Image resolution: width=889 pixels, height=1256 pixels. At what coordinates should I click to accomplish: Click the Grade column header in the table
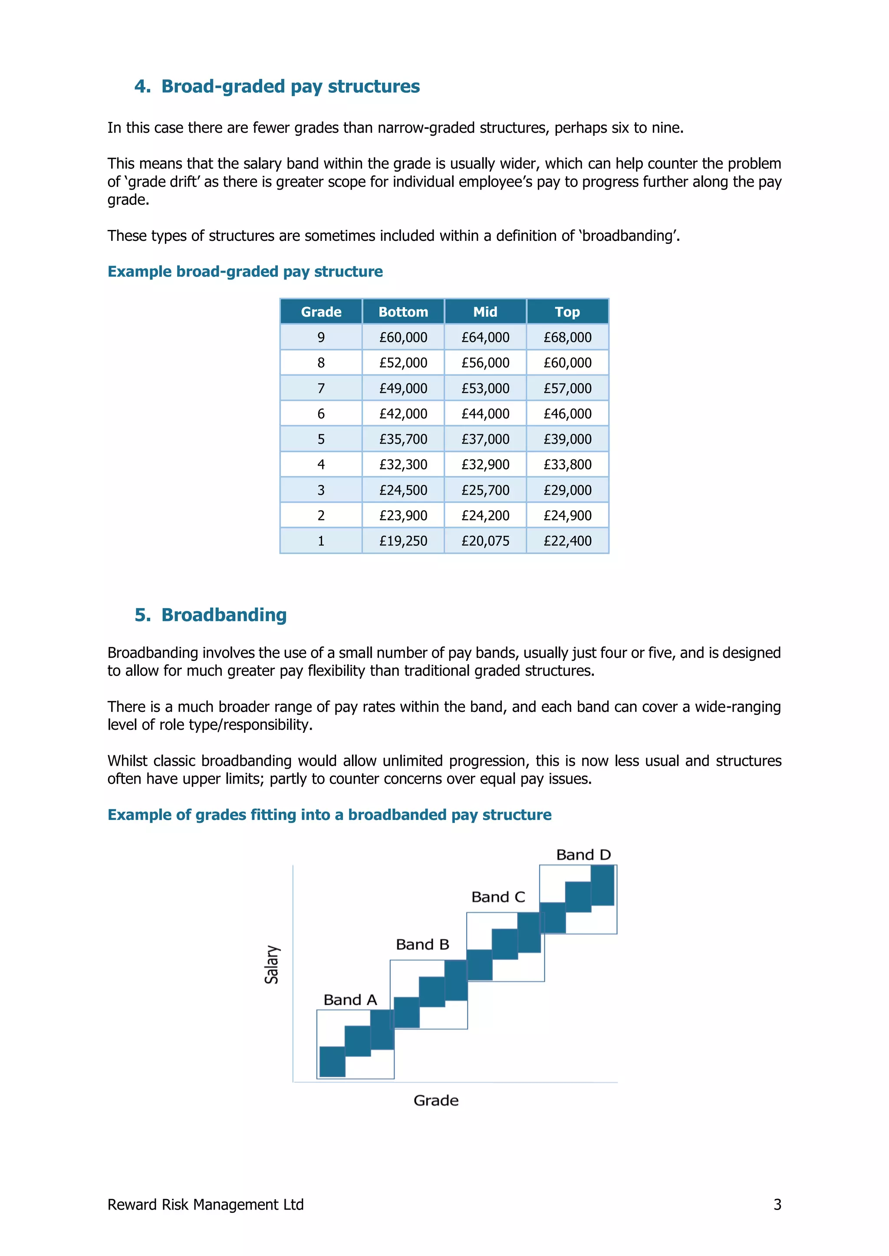pos(321,312)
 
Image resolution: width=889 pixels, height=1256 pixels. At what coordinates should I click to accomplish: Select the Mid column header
pos(485,312)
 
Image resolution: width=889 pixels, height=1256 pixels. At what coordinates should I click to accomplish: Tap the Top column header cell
pos(567,312)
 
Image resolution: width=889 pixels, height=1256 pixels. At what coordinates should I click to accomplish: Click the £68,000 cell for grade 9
pos(567,338)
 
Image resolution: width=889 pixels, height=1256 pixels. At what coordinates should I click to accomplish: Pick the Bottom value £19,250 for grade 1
pos(403,541)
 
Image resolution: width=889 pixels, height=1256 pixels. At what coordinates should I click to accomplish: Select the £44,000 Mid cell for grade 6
pos(485,413)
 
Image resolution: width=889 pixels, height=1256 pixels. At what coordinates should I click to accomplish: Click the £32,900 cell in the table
pos(485,464)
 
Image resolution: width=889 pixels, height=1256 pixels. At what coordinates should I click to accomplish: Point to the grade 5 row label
pos(321,439)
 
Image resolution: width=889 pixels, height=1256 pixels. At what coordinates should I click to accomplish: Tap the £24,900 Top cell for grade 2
pos(567,515)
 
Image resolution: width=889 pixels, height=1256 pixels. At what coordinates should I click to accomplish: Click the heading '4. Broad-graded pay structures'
pos(277,86)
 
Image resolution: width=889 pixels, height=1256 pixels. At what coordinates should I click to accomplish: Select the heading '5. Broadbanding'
pos(211,615)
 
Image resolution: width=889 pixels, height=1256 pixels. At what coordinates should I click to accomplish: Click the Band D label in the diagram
pos(583,855)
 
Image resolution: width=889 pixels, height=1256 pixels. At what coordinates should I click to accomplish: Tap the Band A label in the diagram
pos(350,1000)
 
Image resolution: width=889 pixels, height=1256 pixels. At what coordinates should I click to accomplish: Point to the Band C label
pos(498,897)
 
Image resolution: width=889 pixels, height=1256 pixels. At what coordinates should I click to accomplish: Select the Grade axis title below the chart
pos(436,1101)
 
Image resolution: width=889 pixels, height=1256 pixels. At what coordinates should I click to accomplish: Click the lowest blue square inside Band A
pos(332,1061)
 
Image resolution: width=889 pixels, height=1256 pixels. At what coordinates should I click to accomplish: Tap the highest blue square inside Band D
pos(603,885)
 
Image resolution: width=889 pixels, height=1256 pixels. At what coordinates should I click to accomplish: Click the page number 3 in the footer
pos(777,1204)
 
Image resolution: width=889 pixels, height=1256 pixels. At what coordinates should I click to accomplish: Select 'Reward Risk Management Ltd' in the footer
pos(205,1204)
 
